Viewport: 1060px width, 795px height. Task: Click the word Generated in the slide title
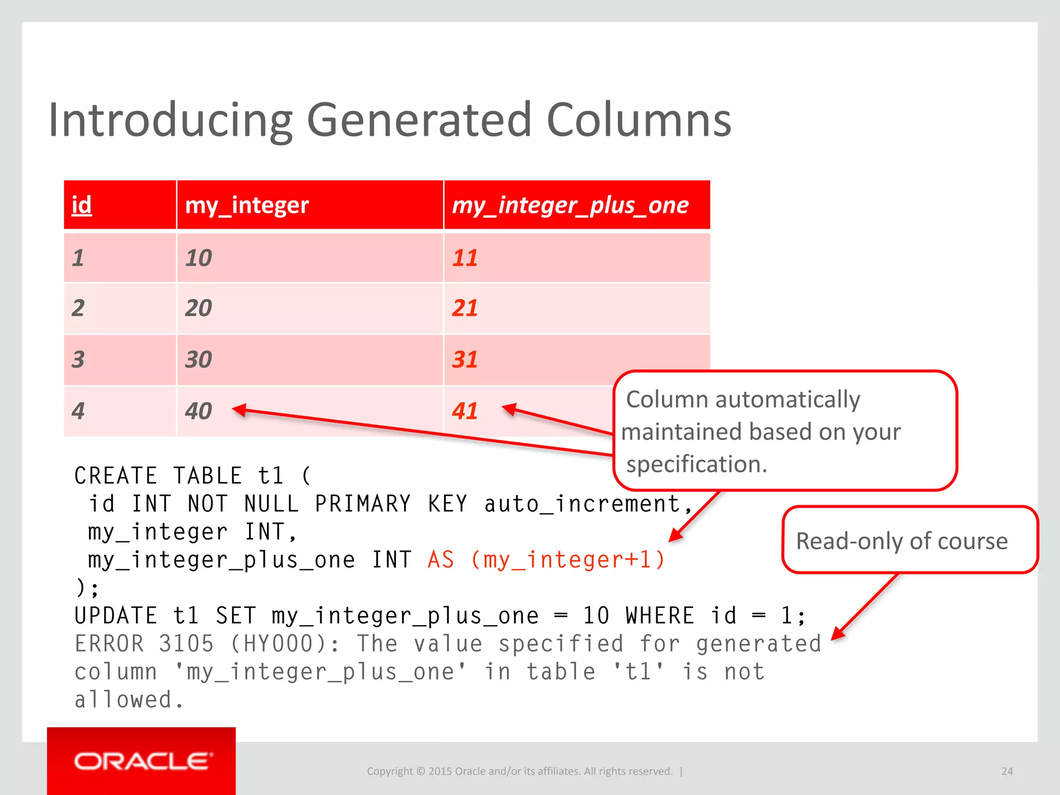pos(419,120)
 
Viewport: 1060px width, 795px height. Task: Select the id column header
pos(82,205)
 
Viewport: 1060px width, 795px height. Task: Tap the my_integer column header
pos(247,205)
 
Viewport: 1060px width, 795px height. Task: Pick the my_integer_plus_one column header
pos(570,205)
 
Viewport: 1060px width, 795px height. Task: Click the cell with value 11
pos(465,258)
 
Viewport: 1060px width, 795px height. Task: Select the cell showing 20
pos(199,308)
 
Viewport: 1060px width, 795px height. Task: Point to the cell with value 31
pos(465,359)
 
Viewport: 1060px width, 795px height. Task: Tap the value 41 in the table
pos(465,411)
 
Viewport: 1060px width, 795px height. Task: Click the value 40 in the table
pos(199,411)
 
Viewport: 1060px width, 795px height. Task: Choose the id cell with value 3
pos(78,359)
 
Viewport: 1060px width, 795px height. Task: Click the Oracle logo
pos(141,761)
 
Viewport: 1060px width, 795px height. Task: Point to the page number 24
pos(1007,771)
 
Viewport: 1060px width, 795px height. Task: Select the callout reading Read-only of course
pos(902,541)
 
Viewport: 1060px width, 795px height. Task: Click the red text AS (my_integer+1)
pos(547,560)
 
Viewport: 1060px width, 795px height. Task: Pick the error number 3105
pos(186,644)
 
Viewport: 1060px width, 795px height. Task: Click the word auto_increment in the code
pos(583,504)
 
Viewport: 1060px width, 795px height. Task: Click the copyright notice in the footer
pos(520,771)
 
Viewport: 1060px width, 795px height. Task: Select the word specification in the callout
pos(696,464)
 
